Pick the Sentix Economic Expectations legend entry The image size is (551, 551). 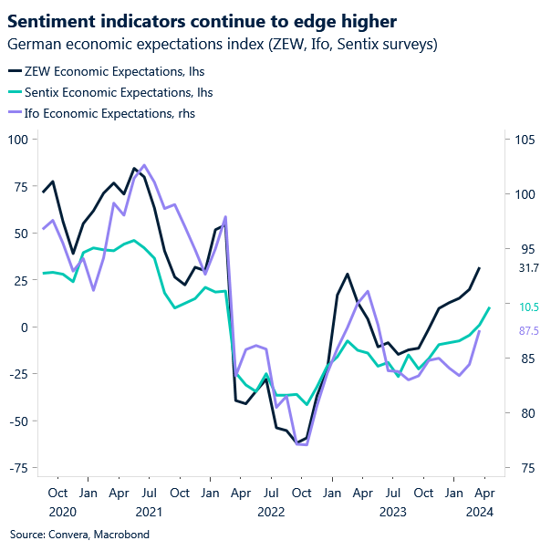pyautogui.click(x=107, y=91)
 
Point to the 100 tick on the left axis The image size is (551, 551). pyautogui.click(x=18, y=139)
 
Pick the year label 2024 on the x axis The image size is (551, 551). pyautogui.click(x=481, y=512)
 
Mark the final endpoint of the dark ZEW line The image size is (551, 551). pyautogui.click(x=480, y=268)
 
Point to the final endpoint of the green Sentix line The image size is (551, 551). pyautogui.click(x=490, y=307)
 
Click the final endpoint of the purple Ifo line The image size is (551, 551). pyautogui.click(x=480, y=331)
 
